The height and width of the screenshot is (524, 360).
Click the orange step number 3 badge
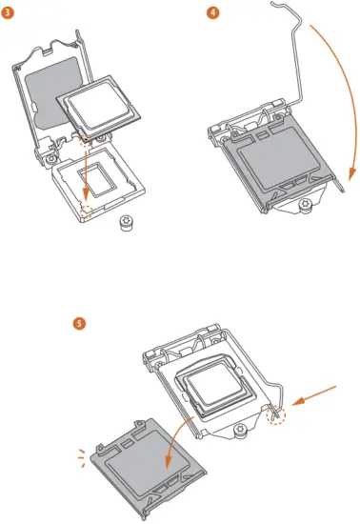pos(10,12)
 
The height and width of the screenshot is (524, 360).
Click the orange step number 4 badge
pos(213,12)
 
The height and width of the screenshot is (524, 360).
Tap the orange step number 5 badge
pos(80,323)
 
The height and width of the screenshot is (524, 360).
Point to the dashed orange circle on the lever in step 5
pos(277,415)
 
